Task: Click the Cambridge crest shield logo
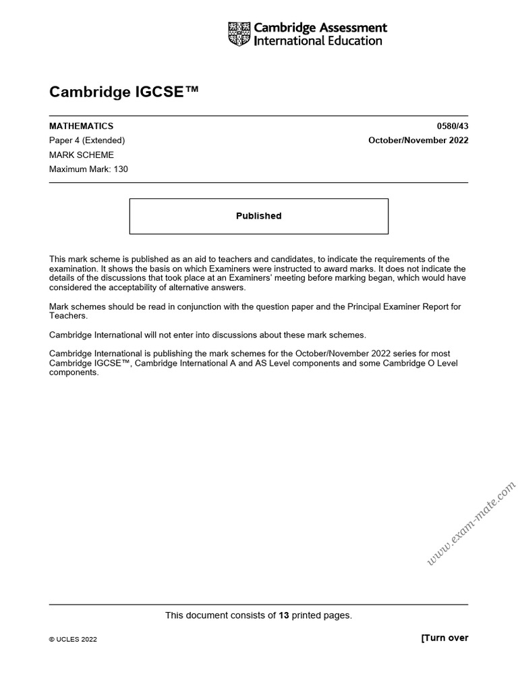[x=239, y=34]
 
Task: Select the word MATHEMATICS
[x=81, y=126]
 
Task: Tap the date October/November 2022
[x=418, y=140]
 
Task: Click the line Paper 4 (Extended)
[x=87, y=140]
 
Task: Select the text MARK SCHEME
[x=82, y=155]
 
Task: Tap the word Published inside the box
[x=258, y=216]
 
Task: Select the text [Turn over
[x=444, y=638]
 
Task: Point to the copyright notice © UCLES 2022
[x=73, y=640]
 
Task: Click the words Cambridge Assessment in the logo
[x=320, y=28]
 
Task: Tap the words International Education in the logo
[x=318, y=40]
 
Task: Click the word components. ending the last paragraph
[x=74, y=372]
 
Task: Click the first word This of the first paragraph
[x=58, y=259]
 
